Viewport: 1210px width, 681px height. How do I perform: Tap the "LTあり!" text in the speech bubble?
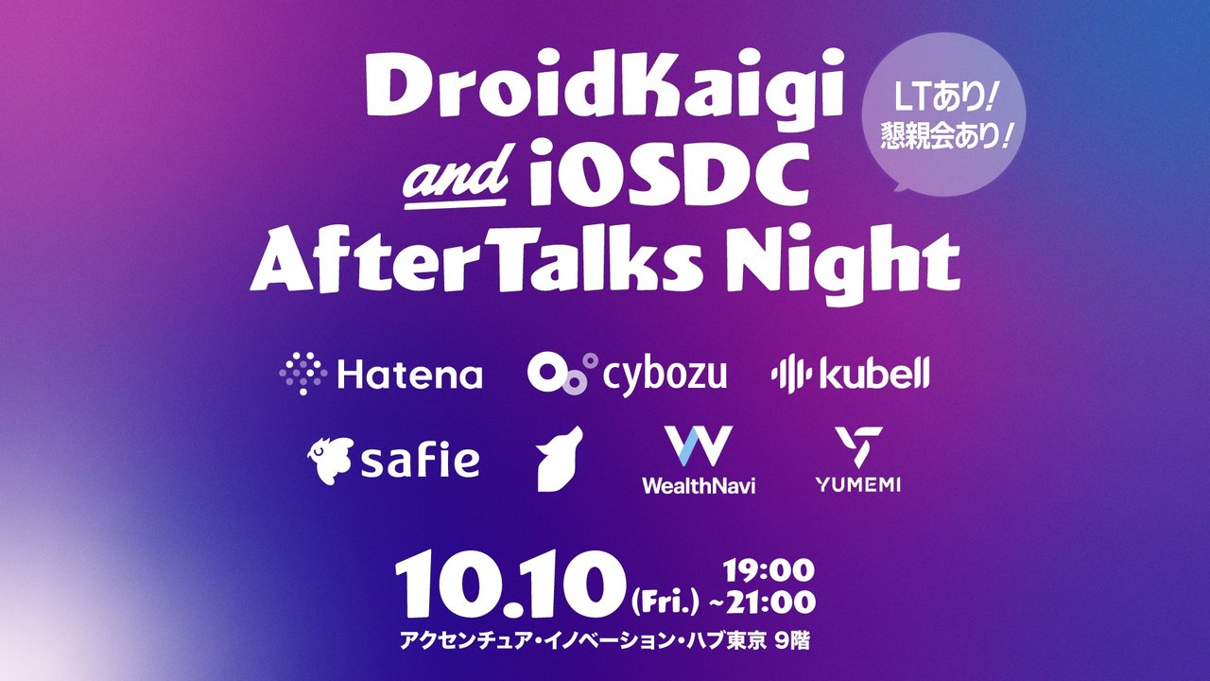[942, 96]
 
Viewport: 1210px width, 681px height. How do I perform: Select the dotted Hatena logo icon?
[302, 375]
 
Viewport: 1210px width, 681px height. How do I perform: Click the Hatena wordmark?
[409, 375]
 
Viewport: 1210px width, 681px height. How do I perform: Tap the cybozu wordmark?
[665, 376]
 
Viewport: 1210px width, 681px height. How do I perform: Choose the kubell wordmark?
[874, 375]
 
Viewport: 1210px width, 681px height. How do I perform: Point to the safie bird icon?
[331, 459]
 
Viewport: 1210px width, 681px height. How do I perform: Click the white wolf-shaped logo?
[560, 459]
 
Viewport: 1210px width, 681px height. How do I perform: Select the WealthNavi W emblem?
[698, 447]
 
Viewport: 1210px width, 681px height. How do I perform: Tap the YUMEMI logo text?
[857, 484]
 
